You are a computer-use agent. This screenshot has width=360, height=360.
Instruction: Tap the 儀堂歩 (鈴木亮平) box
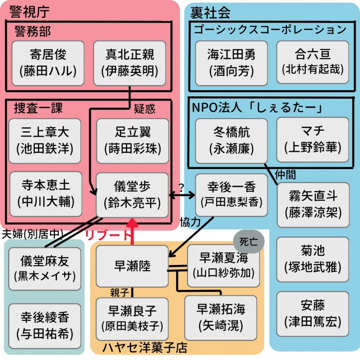[132, 194]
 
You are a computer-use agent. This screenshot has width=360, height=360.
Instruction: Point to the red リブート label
[107, 236]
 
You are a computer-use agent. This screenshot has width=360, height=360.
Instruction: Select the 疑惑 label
[144, 109]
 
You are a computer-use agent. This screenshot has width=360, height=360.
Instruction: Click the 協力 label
[190, 222]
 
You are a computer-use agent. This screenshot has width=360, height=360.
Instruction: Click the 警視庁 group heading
[28, 12]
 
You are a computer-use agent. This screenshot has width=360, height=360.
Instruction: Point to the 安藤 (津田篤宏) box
[313, 314]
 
